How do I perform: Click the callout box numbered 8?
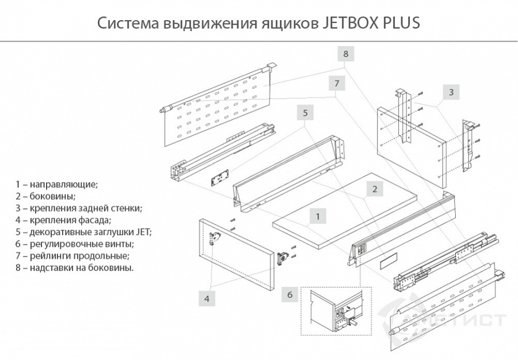(345, 54)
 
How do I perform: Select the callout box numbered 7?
(337, 83)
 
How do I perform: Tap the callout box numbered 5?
(306, 112)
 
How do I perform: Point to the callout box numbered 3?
(451, 92)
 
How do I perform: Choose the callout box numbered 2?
(374, 188)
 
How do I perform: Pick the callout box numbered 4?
(207, 298)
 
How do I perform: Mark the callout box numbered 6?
(290, 295)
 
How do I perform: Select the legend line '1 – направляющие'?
(57, 184)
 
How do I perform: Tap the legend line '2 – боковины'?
(45, 196)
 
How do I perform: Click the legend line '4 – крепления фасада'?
(63, 220)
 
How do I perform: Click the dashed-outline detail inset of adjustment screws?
(334, 311)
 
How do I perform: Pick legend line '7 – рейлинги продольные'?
(73, 256)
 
